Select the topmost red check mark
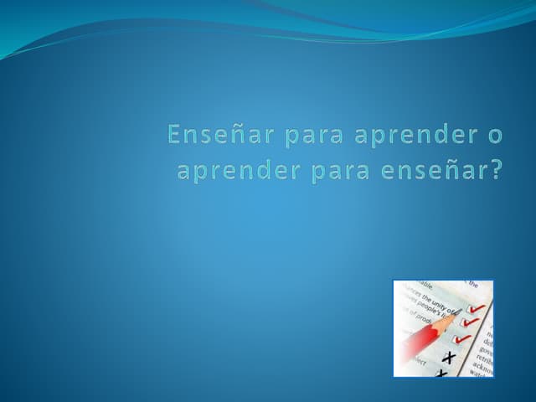pyautogui.click(x=476, y=309)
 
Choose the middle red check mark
pyautogui.click(x=471, y=322)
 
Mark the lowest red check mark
pyautogui.click(x=461, y=339)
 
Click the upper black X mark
pyautogui.click(x=450, y=358)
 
